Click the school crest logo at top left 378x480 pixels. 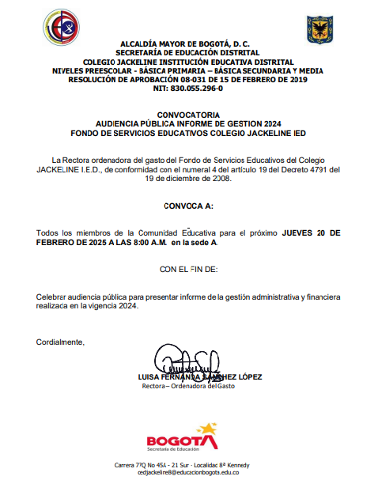(60, 27)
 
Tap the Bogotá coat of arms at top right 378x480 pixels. (319, 29)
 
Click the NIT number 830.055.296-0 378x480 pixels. (187, 89)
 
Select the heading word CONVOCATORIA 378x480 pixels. (188, 115)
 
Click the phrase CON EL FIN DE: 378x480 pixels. (188, 270)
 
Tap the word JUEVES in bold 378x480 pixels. (297, 233)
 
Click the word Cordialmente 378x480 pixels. (60, 342)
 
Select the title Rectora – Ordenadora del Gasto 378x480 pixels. (188, 386)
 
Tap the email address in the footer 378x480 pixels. (188, 472)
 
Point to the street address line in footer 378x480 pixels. (188, 463)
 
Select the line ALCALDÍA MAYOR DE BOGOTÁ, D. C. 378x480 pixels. (184, 43)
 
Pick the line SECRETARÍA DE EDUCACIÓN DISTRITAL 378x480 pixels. (187, 52)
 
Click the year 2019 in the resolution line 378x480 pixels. (298, 79)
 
